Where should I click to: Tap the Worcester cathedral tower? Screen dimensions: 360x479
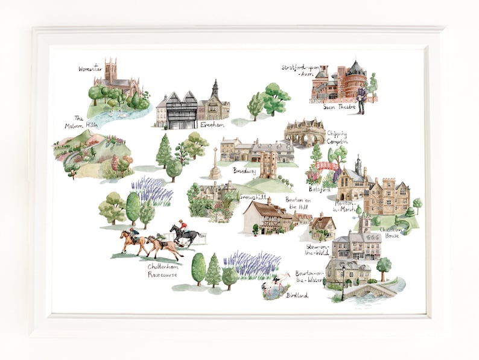pos(110,70)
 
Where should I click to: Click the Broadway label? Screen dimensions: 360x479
pos(245,171)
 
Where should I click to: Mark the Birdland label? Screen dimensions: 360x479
pos(297,295)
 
